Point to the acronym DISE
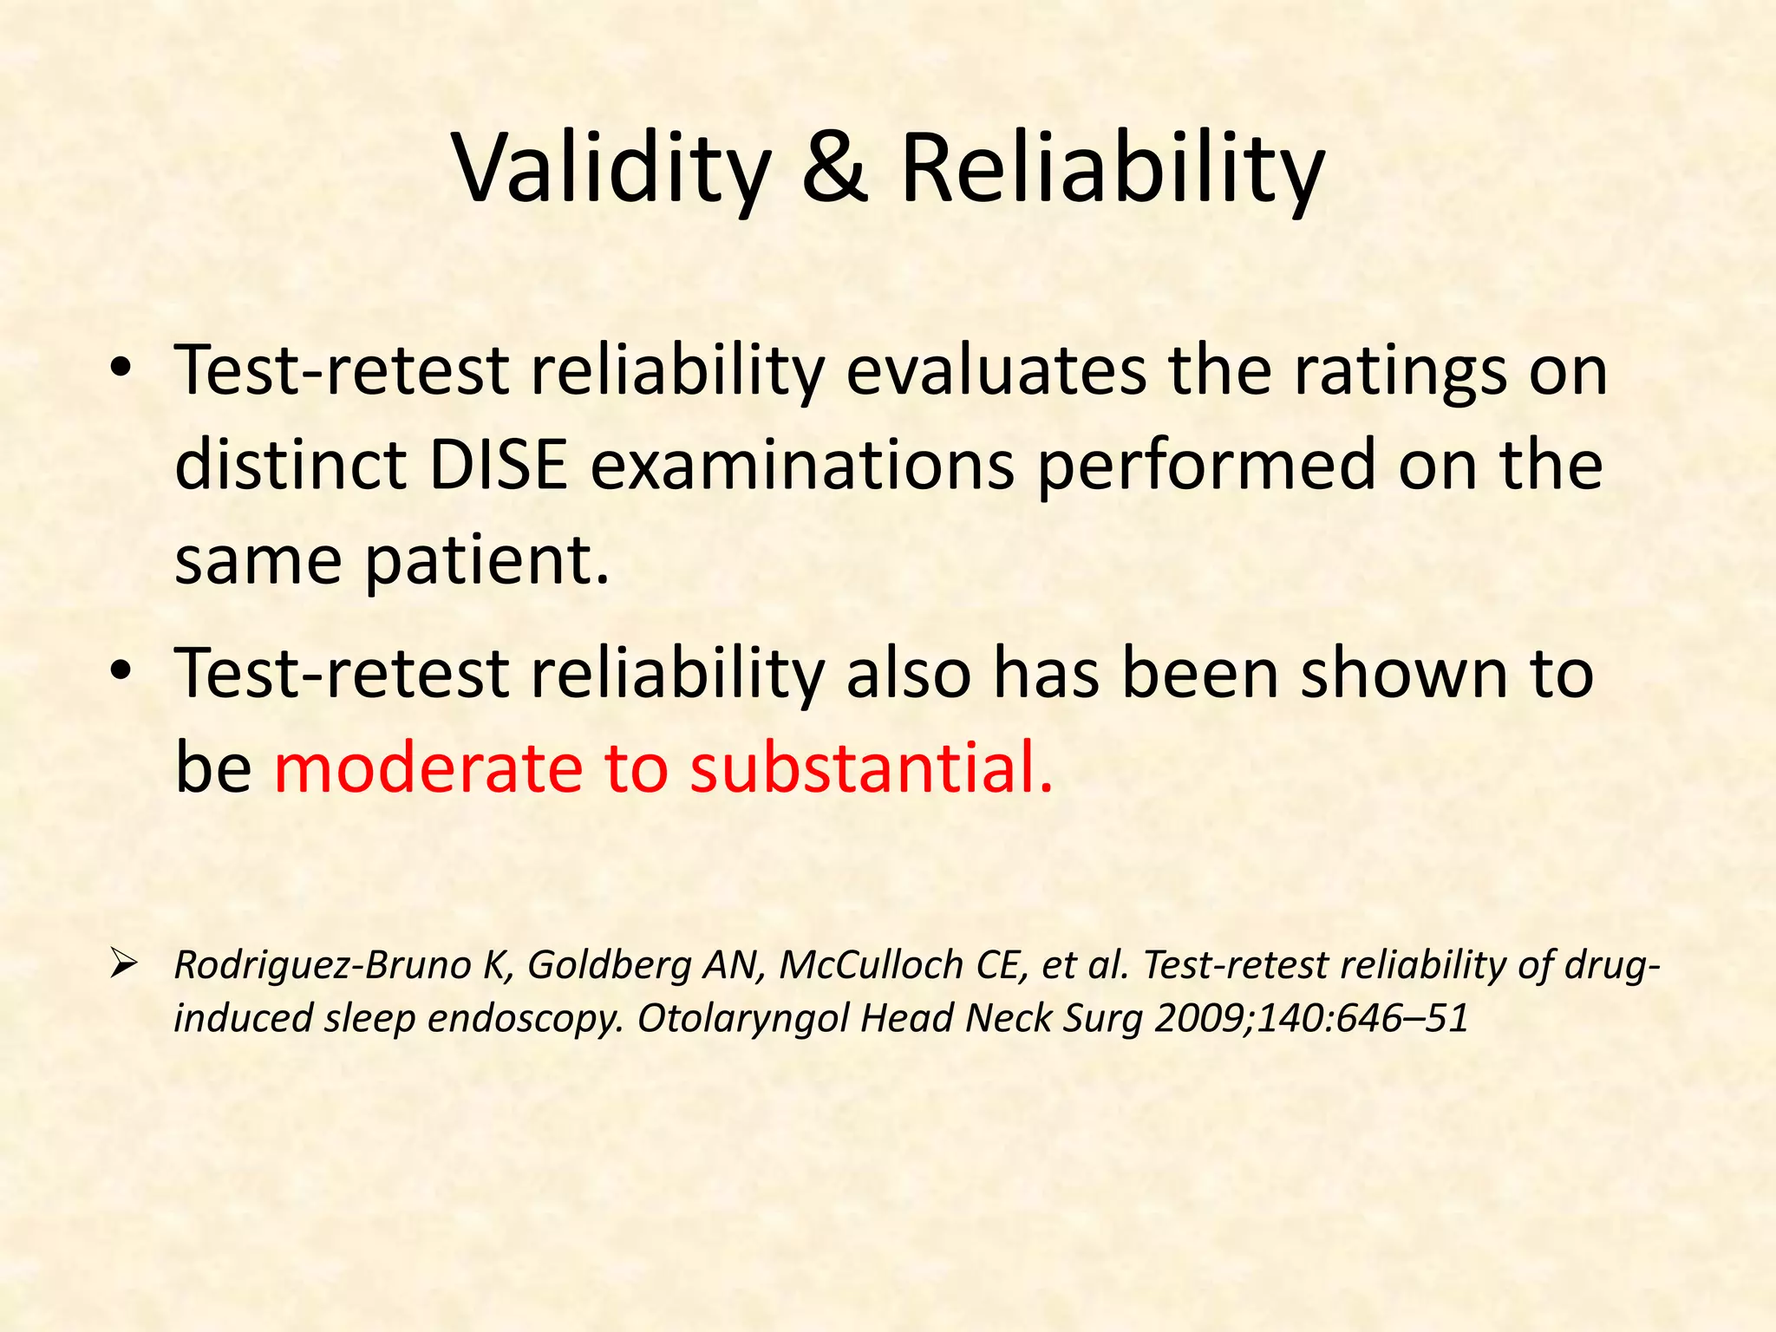(x=498, y=465)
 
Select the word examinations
(x=803, y=465)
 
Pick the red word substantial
(x=872, y=768)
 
